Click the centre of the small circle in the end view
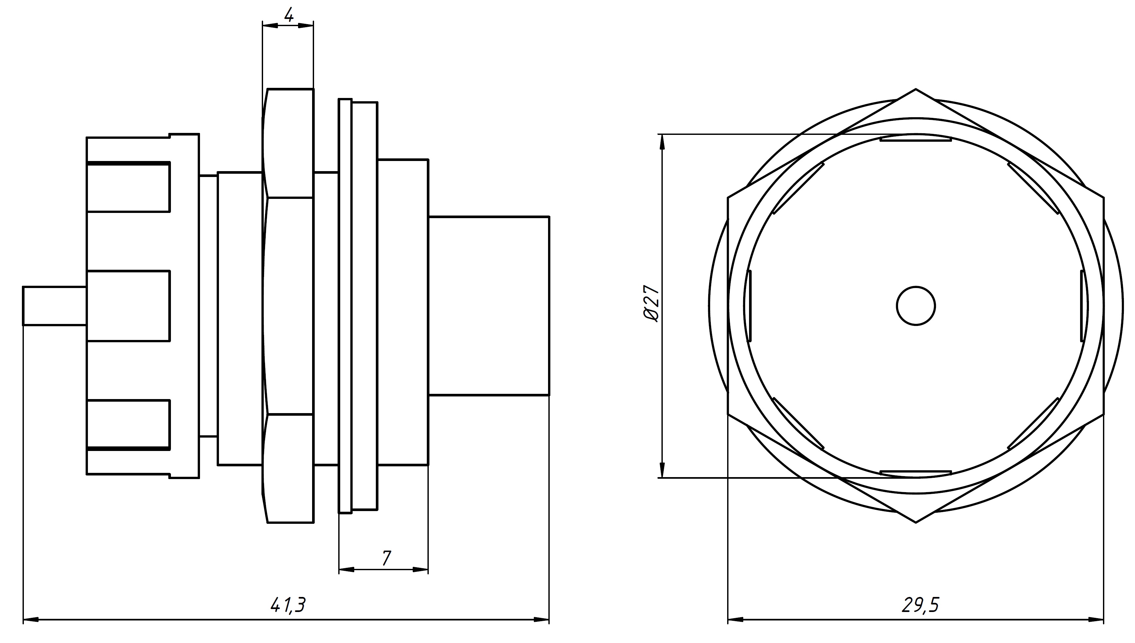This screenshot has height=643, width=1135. click(x=916, y=306)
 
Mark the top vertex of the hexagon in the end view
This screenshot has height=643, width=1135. click(x=916, y=89)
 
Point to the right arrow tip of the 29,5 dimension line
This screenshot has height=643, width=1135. click(x=1104, y=619)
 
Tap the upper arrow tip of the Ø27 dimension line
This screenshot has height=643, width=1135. click(x=662, y=134)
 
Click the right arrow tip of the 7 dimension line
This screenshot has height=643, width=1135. click(x=428, y=569)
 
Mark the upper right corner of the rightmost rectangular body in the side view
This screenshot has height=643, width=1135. click(x=549, y=217)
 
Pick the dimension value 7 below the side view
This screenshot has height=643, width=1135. click(x=386, y=558)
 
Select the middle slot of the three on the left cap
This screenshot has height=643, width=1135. click(x=128, y=306)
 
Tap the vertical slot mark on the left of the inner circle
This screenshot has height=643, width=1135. click(x=748, y=306)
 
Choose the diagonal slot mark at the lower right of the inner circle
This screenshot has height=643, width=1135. click(x=1033, y=424)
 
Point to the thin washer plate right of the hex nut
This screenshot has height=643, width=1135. click(x=345, y=306)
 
